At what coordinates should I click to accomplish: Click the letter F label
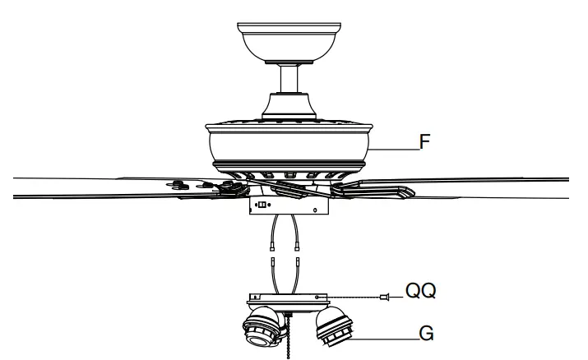pos(426,141)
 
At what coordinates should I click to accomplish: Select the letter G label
pos(424,335)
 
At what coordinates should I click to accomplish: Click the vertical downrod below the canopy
pos(287,79)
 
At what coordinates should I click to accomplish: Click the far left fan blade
pos(82,187)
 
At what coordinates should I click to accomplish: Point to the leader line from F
pos(395,148)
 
